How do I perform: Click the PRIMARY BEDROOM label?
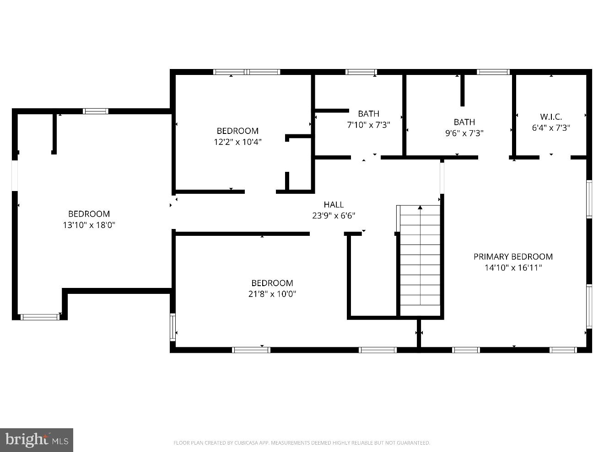point(513,256)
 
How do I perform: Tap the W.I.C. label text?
point(551,117)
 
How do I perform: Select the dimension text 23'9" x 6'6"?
point(334,216)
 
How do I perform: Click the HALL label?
point(334,204)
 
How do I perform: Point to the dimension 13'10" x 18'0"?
point(89,225)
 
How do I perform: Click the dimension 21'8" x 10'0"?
point(272,294)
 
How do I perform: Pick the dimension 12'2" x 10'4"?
point(237,142)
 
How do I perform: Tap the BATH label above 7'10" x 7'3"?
point(368,113)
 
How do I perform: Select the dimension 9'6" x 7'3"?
point(464,133)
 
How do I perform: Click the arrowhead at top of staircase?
point(420,207)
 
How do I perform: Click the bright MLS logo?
point(36,440)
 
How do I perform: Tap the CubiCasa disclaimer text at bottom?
point(302,442)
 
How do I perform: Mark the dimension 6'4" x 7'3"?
point(551,128)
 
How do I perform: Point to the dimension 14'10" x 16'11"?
point(513,268)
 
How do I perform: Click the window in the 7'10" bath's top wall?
point(361,72)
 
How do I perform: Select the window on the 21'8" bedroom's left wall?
point(173,327)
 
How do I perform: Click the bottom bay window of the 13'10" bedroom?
point(40,316)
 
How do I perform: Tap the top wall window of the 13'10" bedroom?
point(96,111)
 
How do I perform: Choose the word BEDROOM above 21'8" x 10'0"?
point(272,283)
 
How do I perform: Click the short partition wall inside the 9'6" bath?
point(462,90)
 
